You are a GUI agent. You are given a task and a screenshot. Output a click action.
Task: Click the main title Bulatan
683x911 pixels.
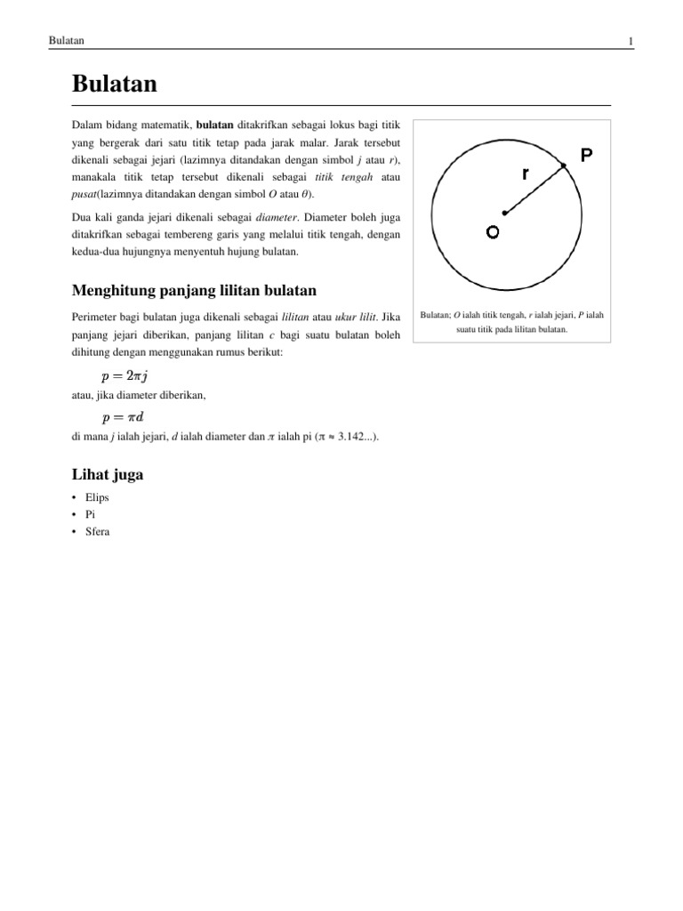click(114, 85)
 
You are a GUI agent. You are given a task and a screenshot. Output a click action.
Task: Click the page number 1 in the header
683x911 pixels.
click(630, 42)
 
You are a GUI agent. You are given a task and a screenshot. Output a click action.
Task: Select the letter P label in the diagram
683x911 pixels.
click(587, 156)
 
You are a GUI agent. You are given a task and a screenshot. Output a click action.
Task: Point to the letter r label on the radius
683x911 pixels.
click(526, 174)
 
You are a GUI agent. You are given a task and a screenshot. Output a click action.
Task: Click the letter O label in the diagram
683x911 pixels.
click(492, 232)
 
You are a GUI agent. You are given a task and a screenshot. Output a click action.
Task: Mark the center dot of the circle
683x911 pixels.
click(504, 213)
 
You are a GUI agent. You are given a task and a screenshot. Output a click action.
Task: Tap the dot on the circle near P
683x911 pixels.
click(564, 165)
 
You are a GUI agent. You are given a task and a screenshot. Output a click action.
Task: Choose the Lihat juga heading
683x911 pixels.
click(107, 475)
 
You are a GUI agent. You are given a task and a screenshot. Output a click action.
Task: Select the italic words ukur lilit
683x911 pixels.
click(353, 318)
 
